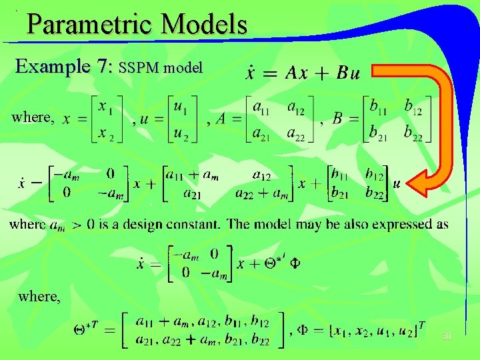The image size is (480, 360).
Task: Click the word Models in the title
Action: (205, 25)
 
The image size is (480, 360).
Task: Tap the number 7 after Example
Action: (101, 67)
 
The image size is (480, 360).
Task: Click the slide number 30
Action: (446, 337)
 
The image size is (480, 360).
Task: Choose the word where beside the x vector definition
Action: (32, 117)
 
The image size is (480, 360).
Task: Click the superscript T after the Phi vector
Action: (421, 325)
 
